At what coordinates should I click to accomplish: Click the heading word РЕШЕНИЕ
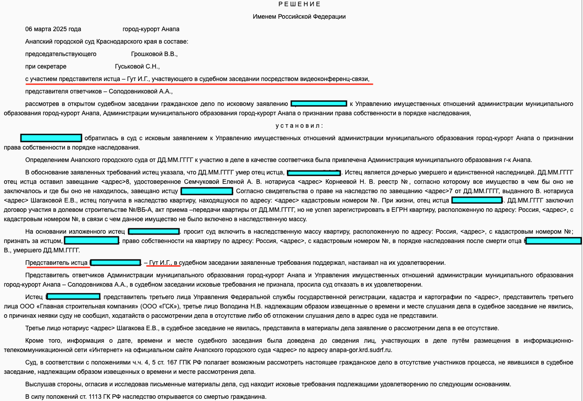click(299, 4)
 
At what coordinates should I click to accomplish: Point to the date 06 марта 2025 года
click(53, 29)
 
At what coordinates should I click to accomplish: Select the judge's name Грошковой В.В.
click(154, 54)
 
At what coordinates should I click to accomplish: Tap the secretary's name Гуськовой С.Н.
click(137, 67)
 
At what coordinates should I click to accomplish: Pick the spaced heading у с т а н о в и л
click(299, 126)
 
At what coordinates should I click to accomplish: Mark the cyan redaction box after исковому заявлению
click(319, 104)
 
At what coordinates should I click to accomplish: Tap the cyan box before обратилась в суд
click(51, 138)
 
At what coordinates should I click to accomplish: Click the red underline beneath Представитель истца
click(58, 267)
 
